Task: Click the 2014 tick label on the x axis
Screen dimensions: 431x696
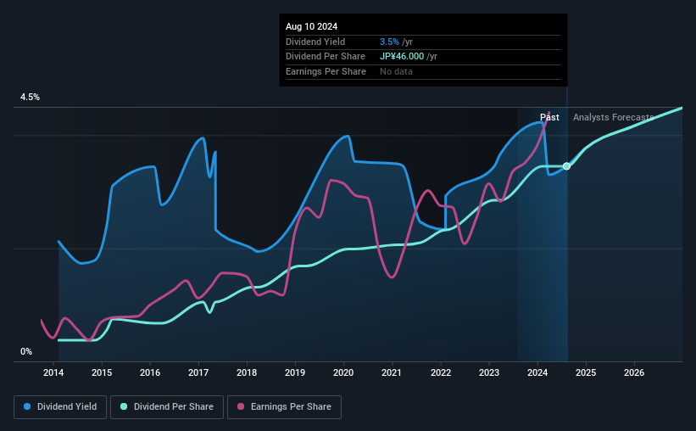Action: [x=53, y=372]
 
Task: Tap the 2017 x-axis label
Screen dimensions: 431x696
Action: [x=198, y=372]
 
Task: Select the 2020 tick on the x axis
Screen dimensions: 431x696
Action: [x=343, y=372]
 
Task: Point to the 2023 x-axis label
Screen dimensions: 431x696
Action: [x=489, y=372]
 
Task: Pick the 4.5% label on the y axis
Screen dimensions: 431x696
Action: [x=31, y=98]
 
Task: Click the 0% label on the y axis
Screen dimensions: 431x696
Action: [x=26, y=351]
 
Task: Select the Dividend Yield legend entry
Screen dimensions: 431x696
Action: [x=60, y=407]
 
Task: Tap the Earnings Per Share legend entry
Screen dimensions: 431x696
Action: [x=284, y=407]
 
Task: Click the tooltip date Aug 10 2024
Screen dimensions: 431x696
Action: [x=311, y=26]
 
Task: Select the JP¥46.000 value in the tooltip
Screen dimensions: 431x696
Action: [x=409, y=56]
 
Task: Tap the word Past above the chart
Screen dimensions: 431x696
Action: [x=549, y=117]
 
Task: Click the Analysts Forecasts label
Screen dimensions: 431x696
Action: [x=613, y=117]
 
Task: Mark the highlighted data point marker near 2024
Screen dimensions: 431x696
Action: [x=566, y=166]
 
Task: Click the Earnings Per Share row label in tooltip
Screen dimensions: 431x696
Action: [x=326, y=71]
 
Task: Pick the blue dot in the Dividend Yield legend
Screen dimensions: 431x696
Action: [x=28, y=407]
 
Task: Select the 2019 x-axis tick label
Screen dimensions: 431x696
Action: [x=295, y=372]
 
